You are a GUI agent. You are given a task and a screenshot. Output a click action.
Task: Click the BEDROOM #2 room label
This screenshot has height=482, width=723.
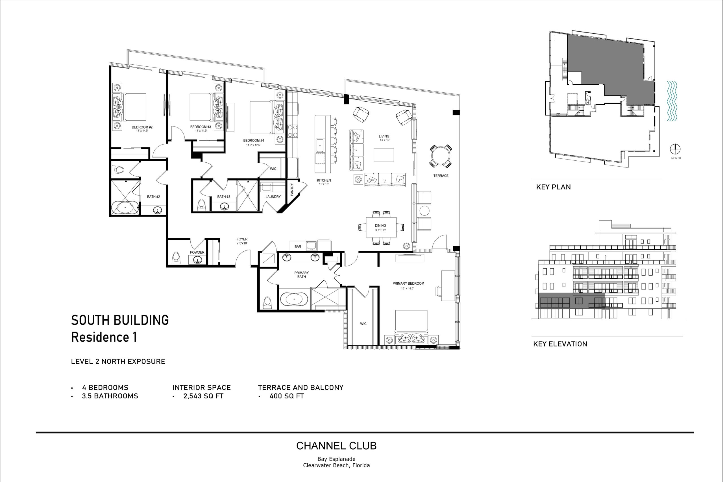[x=142, y=127]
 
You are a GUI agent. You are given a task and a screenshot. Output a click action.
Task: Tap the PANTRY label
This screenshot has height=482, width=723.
[x=292, y=189]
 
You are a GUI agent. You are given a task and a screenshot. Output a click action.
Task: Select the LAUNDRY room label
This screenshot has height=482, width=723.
[x=273, y=197]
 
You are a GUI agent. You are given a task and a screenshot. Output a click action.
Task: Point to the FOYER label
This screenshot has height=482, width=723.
[x=242, y=239]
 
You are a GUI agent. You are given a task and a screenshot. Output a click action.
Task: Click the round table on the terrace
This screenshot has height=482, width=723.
[x=441, y=157]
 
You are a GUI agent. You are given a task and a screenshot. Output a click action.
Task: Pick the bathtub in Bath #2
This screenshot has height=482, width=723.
[x=125, y=208]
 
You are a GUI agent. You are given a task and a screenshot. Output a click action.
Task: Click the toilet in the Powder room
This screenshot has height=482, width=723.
[x=176, y=258]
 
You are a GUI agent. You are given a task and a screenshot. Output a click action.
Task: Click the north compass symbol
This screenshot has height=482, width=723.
[x=675, y=149]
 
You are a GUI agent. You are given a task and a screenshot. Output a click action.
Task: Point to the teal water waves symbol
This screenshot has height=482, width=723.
[x=672, y=101]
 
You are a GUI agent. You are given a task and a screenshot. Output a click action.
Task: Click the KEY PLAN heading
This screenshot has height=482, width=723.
[x=553, y=187]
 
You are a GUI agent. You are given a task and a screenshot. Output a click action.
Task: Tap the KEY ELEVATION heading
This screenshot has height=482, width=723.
[x=560, y=344]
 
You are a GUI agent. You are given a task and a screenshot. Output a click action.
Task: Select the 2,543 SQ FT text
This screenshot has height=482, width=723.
[x=203, y=396]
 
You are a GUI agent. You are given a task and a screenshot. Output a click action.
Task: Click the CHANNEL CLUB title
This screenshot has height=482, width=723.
[x=336, y=446]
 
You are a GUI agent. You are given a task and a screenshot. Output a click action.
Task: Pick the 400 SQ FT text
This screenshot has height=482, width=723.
[x=286, y=396]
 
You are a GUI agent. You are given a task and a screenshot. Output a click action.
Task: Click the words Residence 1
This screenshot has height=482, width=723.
[x=104, y=337]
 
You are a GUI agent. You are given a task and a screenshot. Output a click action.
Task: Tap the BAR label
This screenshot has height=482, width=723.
[x=298, y=247]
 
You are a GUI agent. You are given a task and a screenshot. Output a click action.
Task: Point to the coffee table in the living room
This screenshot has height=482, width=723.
[x=384, y=155]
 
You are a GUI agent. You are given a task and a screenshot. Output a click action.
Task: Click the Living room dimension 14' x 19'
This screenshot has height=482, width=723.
[x=384, y=140]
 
